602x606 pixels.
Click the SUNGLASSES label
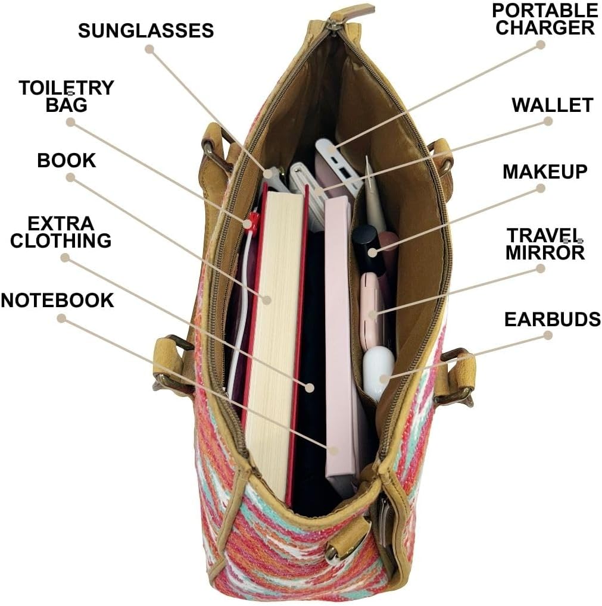click(x=146, y=31)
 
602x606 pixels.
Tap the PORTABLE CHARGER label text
click(x=545, y=19)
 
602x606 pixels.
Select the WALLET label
click(x=552, y=105)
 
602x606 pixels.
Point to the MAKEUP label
click(x=545, y=171)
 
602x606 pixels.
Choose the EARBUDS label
click(x=552, y=320)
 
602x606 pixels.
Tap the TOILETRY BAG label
click(x=65, y=96)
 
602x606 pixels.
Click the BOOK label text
click(x=66, y=161)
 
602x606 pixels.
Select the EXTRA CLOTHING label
click(x=61, y=232)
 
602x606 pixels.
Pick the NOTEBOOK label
click(x=57, y=300)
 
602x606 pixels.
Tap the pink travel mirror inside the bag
click(x=372, y=310)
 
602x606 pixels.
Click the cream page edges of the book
click(x=271, y=333)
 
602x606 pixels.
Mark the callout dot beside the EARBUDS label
click(x=548, y=335)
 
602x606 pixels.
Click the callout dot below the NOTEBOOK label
click(x=61, y=318)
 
